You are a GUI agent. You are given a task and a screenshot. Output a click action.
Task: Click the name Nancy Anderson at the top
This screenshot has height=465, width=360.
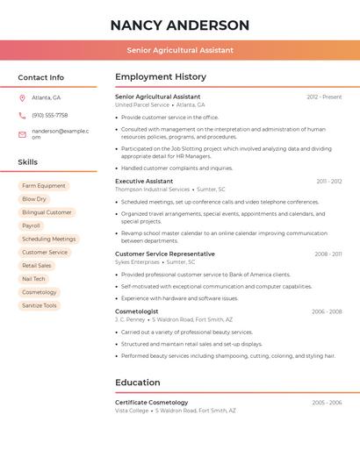coord(180,25)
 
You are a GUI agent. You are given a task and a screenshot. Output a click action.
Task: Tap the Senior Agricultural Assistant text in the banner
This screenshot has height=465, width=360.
coord(180,50)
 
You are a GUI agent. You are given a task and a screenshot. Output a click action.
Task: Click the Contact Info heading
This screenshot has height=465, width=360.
coord(41,77)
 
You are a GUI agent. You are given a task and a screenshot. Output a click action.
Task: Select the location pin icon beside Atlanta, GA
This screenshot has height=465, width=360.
coord(22,97)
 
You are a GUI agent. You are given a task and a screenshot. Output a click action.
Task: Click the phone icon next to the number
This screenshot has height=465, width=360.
coord(22,115)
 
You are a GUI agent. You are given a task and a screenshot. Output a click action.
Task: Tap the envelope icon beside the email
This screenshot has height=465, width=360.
coord(22,133)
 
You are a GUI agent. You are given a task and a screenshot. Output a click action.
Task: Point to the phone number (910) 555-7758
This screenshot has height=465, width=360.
coord(50,115)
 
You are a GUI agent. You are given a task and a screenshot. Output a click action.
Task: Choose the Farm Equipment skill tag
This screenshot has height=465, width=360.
coord(44,186)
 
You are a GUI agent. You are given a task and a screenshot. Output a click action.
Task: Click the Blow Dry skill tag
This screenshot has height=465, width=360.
coord(34,199)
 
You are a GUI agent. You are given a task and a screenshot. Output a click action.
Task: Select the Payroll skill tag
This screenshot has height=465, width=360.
coord(31,225)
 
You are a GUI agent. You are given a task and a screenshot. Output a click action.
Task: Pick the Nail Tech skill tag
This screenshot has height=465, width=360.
coord(33,279)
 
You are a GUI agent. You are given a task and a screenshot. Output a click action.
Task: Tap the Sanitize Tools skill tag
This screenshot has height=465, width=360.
coord(39,305)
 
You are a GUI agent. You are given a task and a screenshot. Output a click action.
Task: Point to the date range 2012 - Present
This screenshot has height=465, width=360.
coord(324,97)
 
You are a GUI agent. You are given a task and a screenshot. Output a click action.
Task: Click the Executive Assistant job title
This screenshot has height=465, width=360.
coord(144,181)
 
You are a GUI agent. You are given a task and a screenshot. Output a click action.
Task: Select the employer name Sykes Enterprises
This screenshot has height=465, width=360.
coord(137,261)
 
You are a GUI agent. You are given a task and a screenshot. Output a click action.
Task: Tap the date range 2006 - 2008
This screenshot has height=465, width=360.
coord(327,311)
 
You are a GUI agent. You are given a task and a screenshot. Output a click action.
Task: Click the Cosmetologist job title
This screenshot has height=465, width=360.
coord(137,311)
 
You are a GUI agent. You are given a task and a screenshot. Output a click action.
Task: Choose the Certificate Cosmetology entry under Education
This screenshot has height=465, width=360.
coord(151,402)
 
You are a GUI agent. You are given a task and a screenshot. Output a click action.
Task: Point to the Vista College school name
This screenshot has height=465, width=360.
coord(132,410)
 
